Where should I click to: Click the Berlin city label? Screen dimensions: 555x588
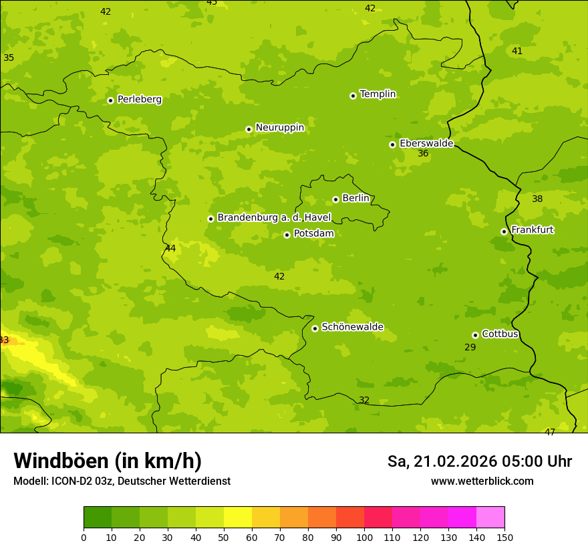coord(355,199)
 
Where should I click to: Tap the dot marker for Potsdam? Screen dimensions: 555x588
coord(287,235)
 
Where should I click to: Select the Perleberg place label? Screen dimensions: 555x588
coord(140,100)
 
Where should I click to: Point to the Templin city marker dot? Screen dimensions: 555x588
coord(353,96)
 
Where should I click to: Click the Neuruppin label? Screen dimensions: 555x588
coord(280,128)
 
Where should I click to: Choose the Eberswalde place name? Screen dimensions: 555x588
coord(426,144)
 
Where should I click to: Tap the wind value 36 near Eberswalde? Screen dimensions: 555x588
coord(423,154)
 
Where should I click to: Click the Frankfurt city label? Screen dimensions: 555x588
coord(532,230)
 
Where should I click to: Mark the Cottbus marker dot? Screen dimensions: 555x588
coord(475,335)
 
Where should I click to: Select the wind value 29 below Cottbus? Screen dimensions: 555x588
coord(470,347)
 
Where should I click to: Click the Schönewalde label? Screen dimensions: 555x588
coord(352,327)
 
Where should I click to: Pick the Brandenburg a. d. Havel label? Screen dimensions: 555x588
coord(274,218)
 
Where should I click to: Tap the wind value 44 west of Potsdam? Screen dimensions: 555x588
coord(170,249)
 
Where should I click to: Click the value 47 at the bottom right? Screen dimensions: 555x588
coord(550,433)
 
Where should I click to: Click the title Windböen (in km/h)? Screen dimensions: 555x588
coord(108,461)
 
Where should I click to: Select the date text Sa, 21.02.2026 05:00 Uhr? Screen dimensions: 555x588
coord(480,461)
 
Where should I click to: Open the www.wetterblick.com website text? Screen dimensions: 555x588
coord(482,481)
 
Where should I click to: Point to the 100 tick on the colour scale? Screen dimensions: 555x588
coord(364,537)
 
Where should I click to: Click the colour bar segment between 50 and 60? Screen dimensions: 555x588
coord(238,518)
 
